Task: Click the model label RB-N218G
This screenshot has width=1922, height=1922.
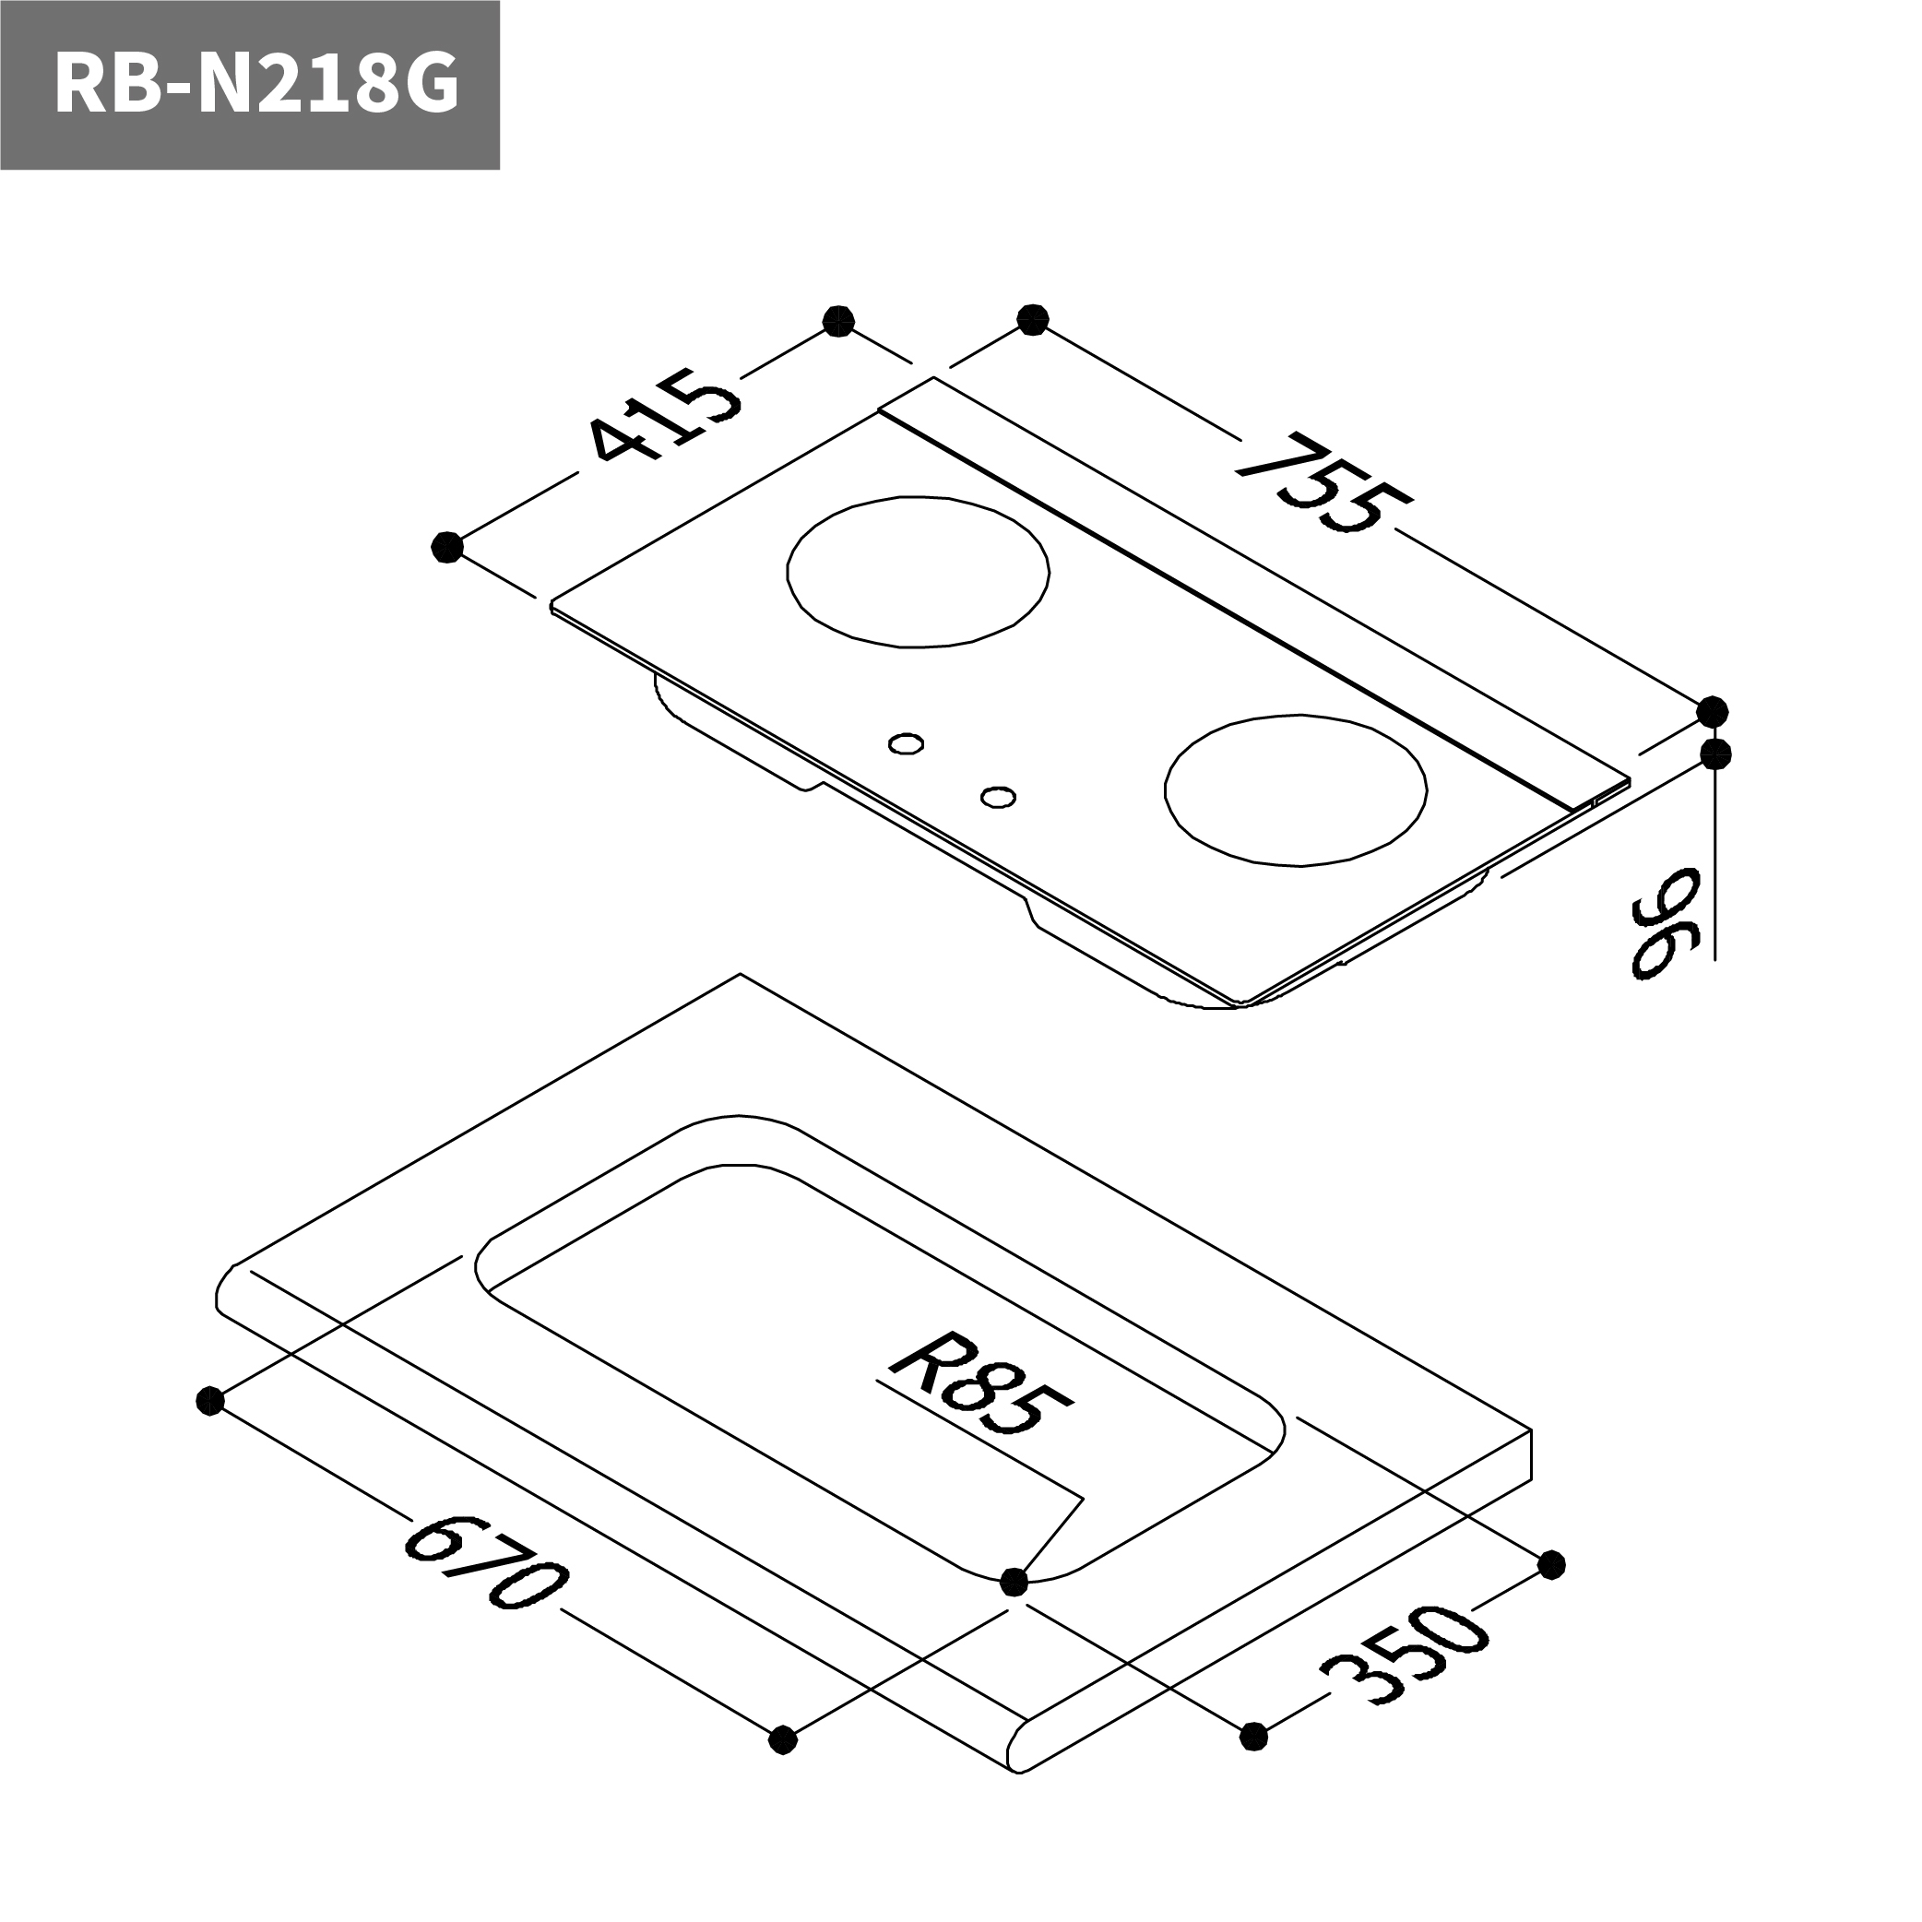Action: pos(255,86)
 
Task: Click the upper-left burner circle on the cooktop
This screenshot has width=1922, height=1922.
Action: pos(918,572)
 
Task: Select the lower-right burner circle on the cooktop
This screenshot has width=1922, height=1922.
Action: pos(1295,789)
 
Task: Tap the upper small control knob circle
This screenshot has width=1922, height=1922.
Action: pos(906,743)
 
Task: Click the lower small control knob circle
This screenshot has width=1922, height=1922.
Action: pos(998,797)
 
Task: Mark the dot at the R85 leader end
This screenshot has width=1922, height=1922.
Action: pos(1014,1581)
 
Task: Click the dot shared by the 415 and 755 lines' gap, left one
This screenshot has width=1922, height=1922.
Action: pos(838,321)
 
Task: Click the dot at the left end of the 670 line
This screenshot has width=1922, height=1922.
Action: pos(209,1402)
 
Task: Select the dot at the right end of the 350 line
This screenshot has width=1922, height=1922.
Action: pos(1551,1565)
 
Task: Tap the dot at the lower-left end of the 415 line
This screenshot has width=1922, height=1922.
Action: pos(447,546)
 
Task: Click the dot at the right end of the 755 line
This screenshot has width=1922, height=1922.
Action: pos(1712,712)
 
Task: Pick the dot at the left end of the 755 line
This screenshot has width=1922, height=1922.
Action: pos(1034,320)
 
